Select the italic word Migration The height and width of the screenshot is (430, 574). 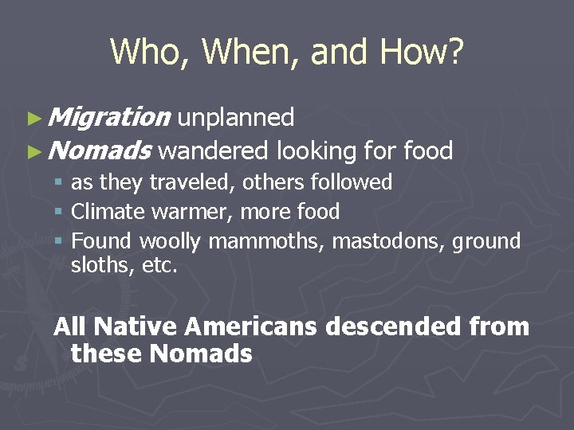[x=108, y=118]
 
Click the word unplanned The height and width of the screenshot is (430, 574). [x=235, y=118]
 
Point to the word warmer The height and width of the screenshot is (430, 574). [x=180, y=212]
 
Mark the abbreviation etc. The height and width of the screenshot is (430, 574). [x=159, y=265]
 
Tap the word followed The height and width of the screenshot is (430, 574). [x=353, y=182]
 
